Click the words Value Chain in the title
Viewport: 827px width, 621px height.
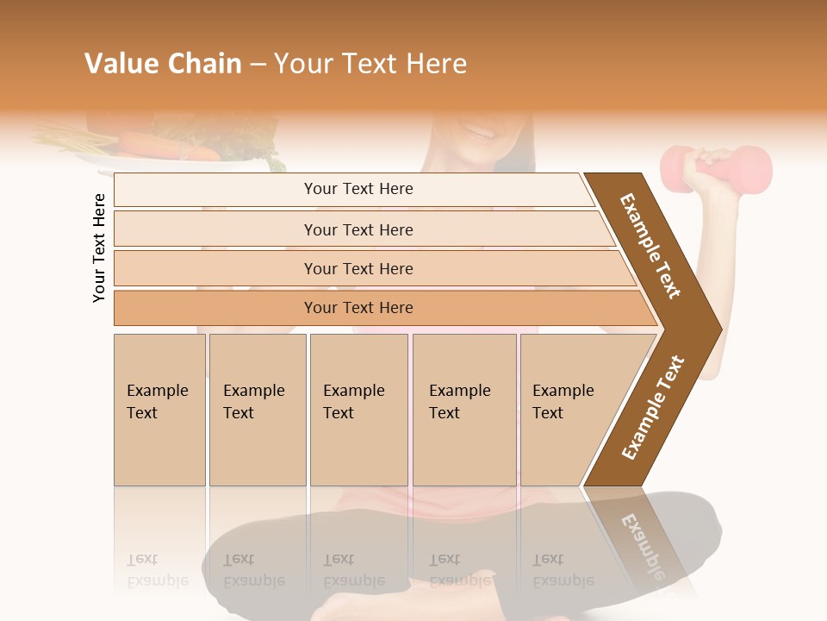pos(163,64)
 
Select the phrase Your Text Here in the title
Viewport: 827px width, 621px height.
pos(370,64)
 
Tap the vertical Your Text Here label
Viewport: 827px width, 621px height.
pos(100,248)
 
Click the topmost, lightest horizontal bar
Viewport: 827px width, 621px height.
pos(358,189)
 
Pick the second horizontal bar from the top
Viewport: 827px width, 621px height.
pos(358,229)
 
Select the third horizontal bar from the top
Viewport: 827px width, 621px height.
pos(358,268)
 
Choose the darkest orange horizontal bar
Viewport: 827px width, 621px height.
pos(358,308)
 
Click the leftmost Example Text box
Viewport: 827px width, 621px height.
pos(159,410)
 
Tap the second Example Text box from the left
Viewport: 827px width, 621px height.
pos(257,410)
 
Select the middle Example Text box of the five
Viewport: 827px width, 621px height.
pos(358,410)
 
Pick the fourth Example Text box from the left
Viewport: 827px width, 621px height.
pos(463,410)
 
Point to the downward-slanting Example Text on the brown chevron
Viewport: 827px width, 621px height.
pos(650,246)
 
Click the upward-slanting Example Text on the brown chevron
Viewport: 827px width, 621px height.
pos(653,407)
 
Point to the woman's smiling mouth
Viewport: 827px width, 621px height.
pos(478,131)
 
